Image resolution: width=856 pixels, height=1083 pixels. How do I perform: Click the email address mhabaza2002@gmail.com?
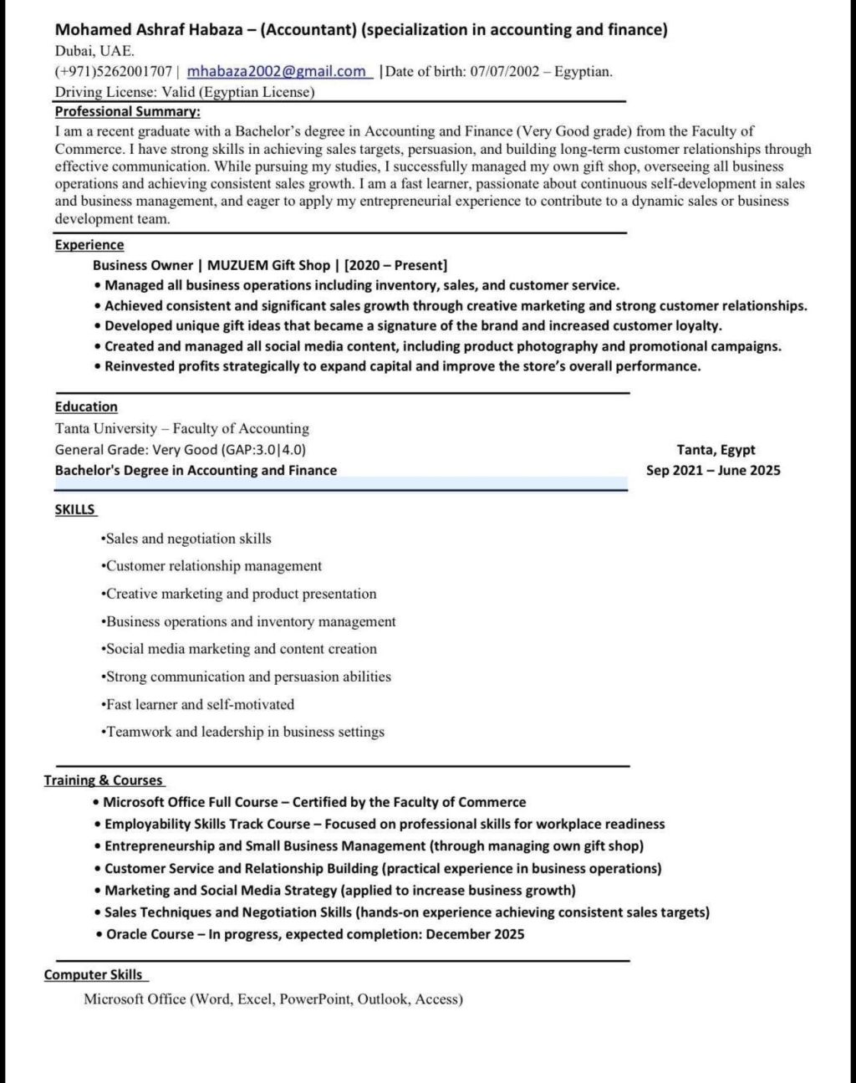tap(277, 71)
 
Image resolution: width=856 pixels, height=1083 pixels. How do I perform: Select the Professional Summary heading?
tap(127, 111)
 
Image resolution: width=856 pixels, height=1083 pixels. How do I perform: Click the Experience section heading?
tap(89, 245)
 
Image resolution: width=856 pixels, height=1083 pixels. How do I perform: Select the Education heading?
tap(86, 407)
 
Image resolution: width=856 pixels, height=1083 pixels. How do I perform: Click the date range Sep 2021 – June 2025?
tap(713, 470)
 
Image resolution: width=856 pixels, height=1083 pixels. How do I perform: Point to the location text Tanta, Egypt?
tap(716, 450)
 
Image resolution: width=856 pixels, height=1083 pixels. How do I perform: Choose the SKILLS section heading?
tap(75, 509)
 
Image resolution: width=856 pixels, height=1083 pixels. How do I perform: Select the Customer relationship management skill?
tap(213, 566)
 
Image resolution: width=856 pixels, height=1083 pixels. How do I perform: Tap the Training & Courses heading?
tap(103, 780)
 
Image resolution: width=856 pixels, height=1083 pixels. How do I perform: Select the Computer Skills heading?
tap(93, 975)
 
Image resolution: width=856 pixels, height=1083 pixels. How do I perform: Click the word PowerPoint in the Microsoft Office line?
tap(315, 999)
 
